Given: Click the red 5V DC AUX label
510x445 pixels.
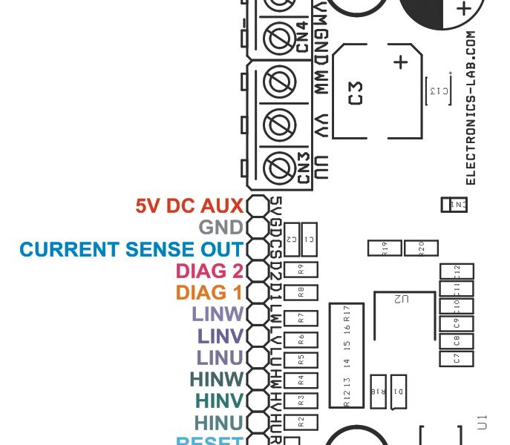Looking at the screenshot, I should [x=190, y=205].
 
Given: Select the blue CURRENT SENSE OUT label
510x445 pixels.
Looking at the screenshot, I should [x=131, y=249].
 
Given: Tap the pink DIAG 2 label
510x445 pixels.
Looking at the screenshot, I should [x=209, y=271].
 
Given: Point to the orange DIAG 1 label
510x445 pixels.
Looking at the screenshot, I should [x=209, y=293].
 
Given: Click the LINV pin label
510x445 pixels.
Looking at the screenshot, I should [x=220, y=336].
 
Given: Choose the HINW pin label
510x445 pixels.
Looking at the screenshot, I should [x=217, y=379].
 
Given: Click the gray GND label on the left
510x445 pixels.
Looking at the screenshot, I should [x=220, y=227].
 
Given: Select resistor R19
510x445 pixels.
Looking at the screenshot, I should [x=384, y=248].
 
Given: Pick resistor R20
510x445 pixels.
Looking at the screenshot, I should [x=420, y=248].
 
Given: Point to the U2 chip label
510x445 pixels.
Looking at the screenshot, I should [x=402, y=298].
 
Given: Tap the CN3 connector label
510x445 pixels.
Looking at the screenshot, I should [x=303, y=168].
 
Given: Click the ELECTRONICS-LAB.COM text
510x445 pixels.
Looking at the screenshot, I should [x=469, y=108].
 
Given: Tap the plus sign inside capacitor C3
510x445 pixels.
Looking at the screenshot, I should [x=401, y=62].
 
